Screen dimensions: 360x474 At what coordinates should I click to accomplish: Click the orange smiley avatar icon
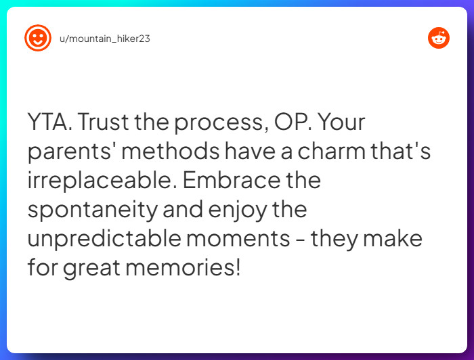(x=38, y=39)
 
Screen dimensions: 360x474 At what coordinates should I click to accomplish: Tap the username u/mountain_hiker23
(x=105, y=39)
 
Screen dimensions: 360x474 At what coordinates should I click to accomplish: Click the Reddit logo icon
(x=439, y=39)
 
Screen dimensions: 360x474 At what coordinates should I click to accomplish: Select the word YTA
(x=49, y=122)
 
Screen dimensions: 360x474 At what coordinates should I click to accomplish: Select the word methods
(x=171, y=152)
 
